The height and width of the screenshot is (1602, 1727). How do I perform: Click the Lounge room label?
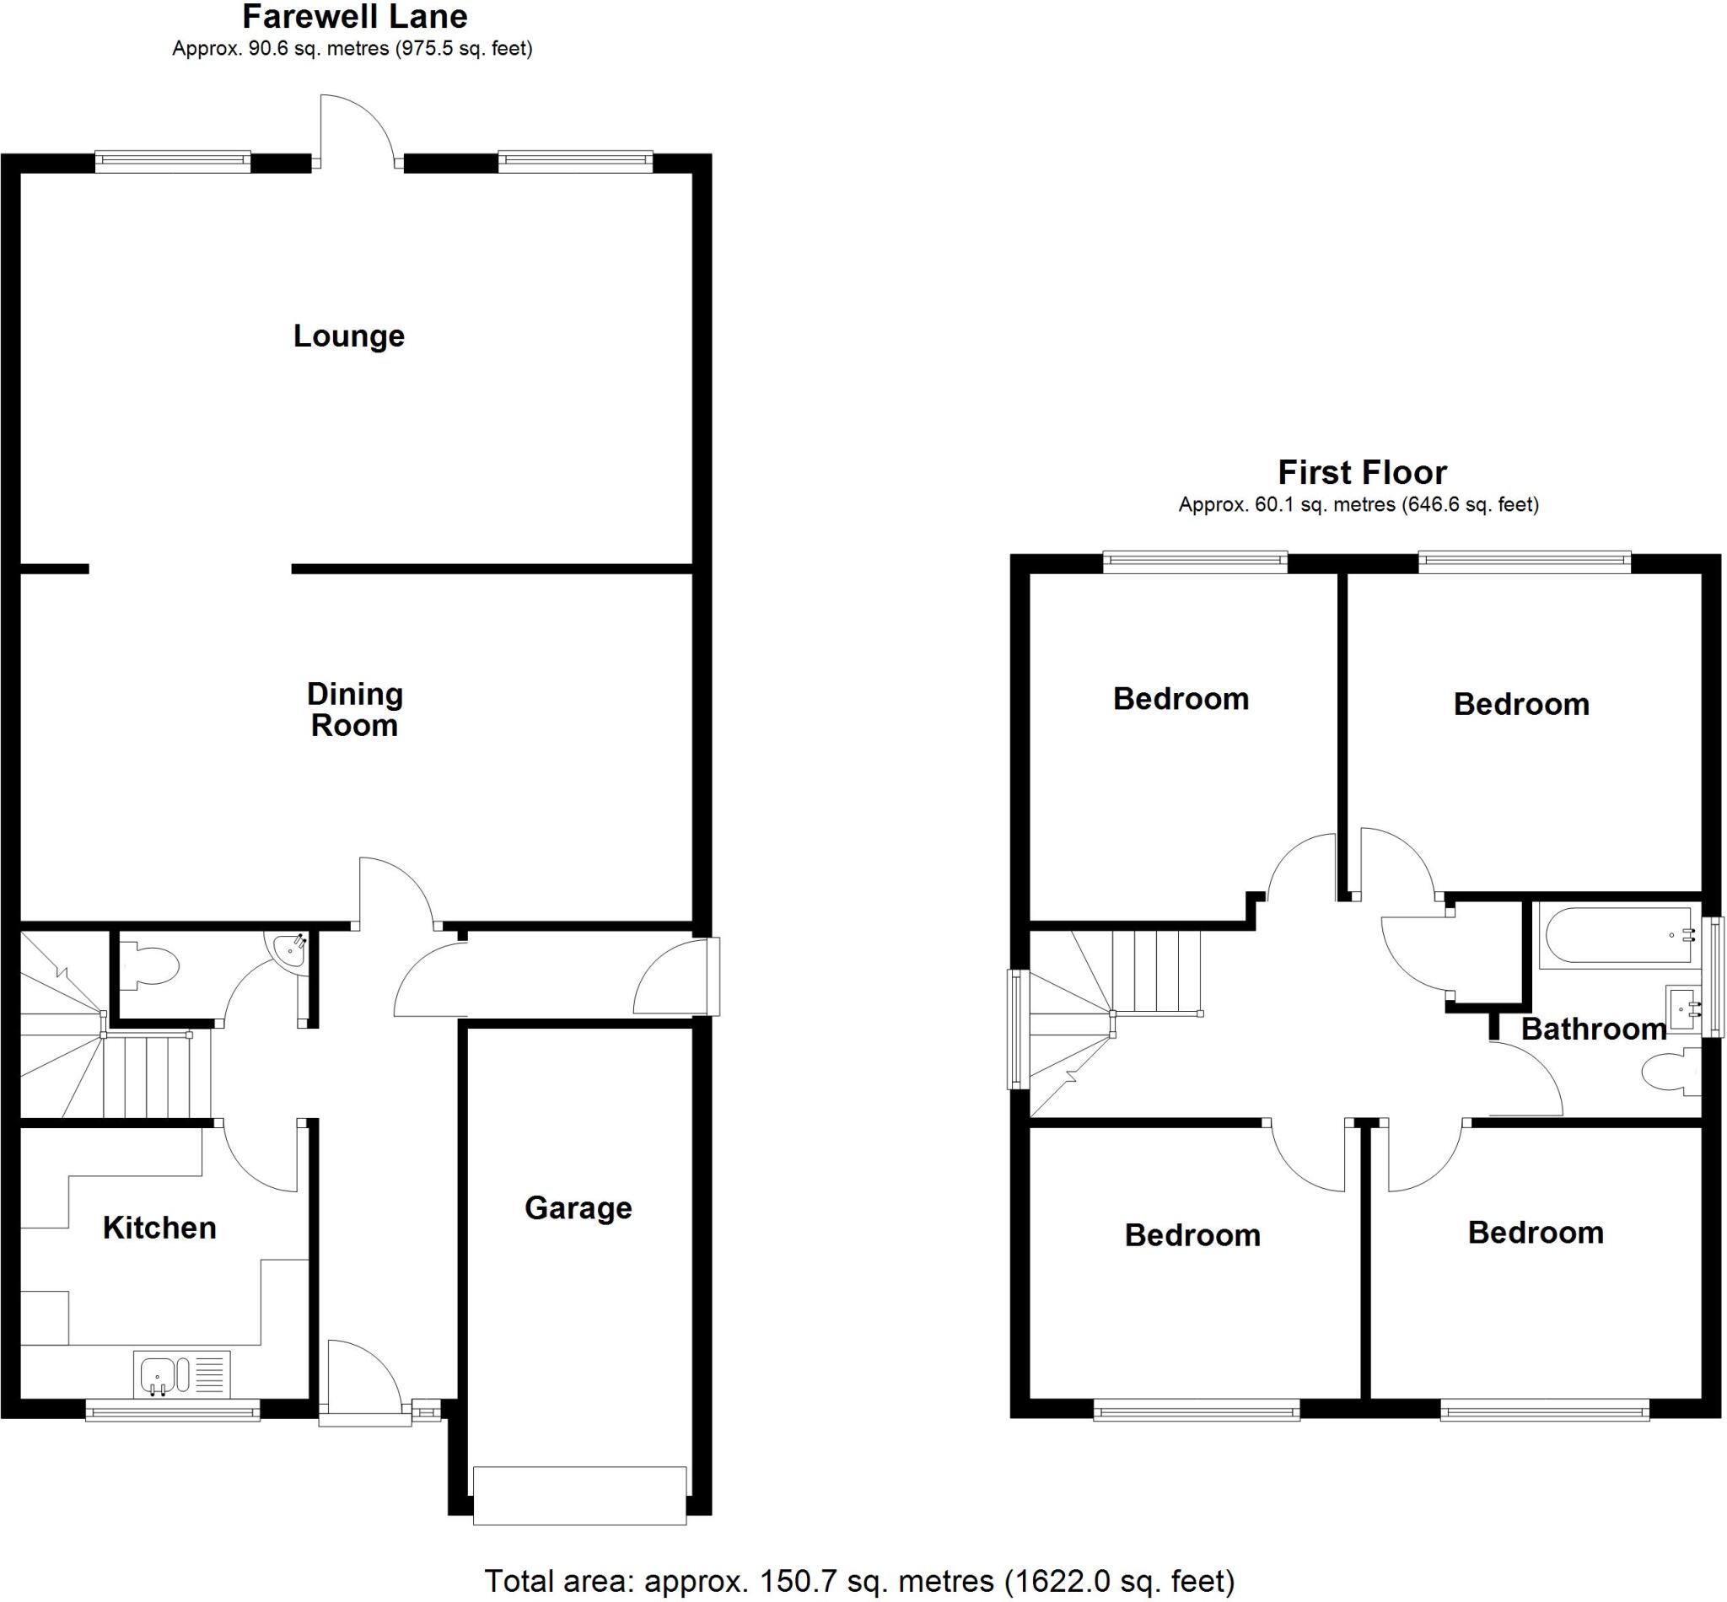tap(348, 336)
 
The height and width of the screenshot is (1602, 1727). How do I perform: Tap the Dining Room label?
tap(354, 709)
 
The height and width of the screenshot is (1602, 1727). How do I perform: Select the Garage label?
tap(578, 1207)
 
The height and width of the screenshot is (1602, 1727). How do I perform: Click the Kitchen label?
tap(159, 1228)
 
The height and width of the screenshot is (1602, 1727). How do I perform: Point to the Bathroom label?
tap(1593, 1029)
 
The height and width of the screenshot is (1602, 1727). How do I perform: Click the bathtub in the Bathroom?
tap(1617, 935)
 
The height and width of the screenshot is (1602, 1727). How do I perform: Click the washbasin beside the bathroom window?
tap(1684, 1009)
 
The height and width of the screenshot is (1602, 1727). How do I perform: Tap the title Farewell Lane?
tap(354, 17)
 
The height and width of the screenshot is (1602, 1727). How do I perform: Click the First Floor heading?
tap(1361, 472)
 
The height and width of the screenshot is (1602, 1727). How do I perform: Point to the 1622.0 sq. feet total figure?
tap(1118, 1580)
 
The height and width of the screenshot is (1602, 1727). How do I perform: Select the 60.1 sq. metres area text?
tap(1286, 504)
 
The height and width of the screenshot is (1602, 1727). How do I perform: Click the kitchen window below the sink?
tap(173, 1413)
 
